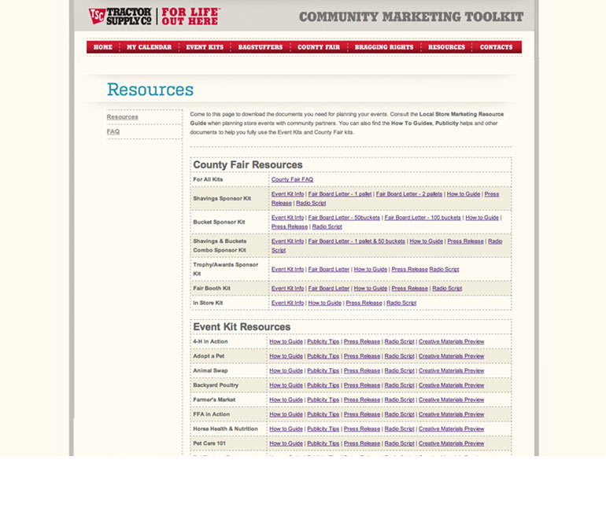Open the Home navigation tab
pos(103,47)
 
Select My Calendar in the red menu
pos(149,47)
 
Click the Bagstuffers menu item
pos(260,47)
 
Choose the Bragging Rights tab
pos(384,47)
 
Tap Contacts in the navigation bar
pos(496,47)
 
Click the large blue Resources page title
pos(150,90)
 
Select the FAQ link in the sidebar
pos(113,131)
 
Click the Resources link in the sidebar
pos(122,117)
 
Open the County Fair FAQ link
pos(292,179)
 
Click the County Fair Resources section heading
pos(248,165)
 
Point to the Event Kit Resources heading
pos(242,326)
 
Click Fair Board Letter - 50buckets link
pos(344,218)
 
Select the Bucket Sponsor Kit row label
pos(220,222)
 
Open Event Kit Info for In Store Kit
pos(287,303)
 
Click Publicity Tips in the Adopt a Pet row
pos(323,356)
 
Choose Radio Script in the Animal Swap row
pos(399,370)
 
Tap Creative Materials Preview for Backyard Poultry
pos(451,385)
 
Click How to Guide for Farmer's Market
pos(286,399)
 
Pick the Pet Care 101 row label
pos(209,444)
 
